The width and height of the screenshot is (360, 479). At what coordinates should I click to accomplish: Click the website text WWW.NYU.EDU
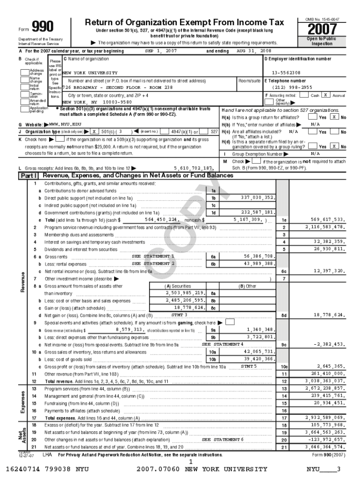[65, 125]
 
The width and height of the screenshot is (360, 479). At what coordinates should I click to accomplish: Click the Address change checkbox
[24, 72]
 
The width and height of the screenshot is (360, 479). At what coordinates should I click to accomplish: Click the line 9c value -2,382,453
[329, 344]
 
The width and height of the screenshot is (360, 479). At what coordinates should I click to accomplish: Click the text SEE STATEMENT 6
[223, 440]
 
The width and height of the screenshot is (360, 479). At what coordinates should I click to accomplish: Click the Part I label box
[29, 176]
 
